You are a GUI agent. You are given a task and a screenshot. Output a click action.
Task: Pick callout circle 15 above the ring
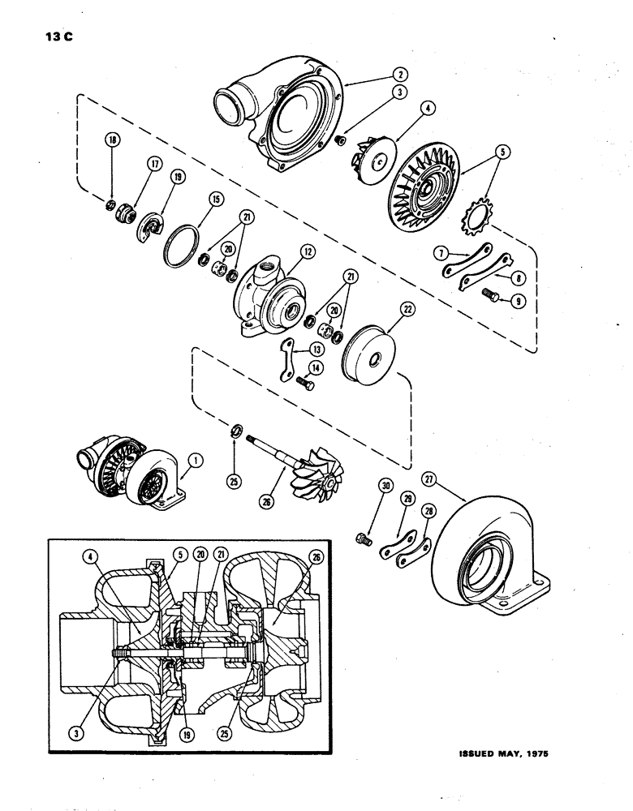215,197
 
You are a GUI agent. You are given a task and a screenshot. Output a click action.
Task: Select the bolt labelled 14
304,380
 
